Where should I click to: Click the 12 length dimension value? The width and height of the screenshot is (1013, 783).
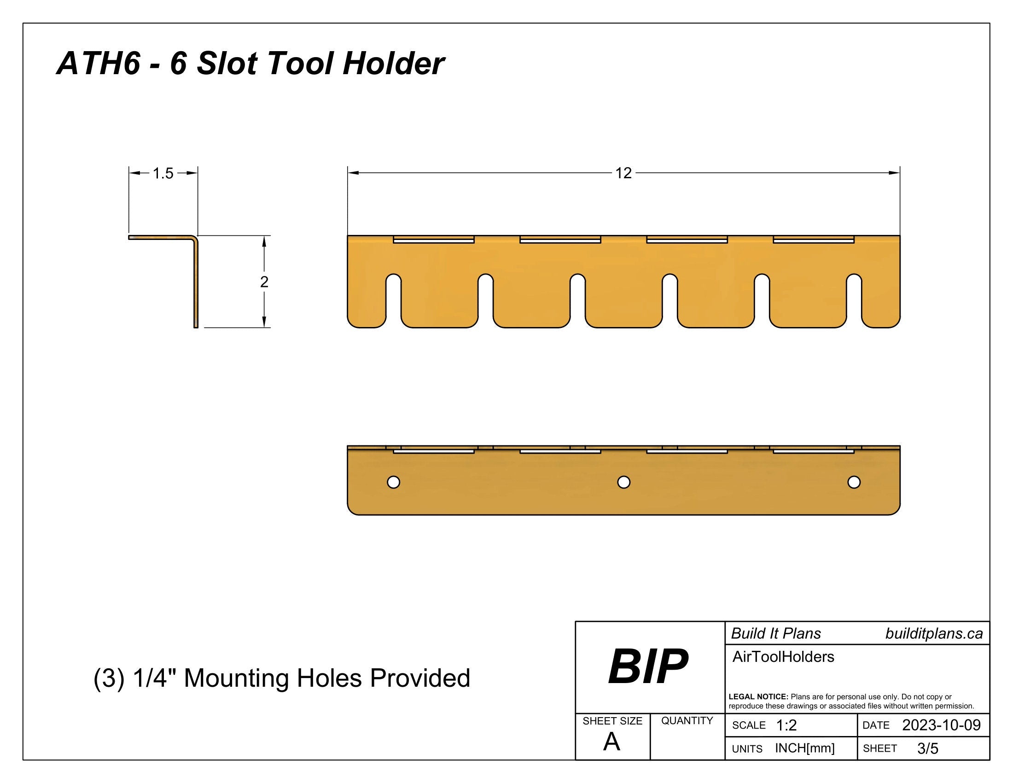(x=623, y=173)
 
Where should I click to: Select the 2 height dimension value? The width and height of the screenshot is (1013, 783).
(x=264, y=281)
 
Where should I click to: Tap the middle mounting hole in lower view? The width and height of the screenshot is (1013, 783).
(x=624, y=482)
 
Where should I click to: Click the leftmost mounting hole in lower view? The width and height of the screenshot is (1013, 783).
(x=393, y=482)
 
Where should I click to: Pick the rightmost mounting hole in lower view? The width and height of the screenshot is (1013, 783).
(x=854, y=482)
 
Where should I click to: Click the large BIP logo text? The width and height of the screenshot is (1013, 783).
(x=648, y=667)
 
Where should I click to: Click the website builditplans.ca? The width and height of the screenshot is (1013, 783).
(x=934, y=634)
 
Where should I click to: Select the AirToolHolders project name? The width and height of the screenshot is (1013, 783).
(x=783, y=657)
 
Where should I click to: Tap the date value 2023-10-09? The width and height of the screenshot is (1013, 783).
(x=941, y=725)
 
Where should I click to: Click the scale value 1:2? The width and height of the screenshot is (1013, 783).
(x=786, y=725)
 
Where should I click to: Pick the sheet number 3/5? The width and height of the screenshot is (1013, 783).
(x=928, y=748)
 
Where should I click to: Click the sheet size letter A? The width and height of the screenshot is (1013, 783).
(x=611, y=742)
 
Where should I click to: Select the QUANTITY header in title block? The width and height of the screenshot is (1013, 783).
(x=687, y=721)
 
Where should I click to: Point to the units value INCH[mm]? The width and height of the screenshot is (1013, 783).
(x=805, y=748)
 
